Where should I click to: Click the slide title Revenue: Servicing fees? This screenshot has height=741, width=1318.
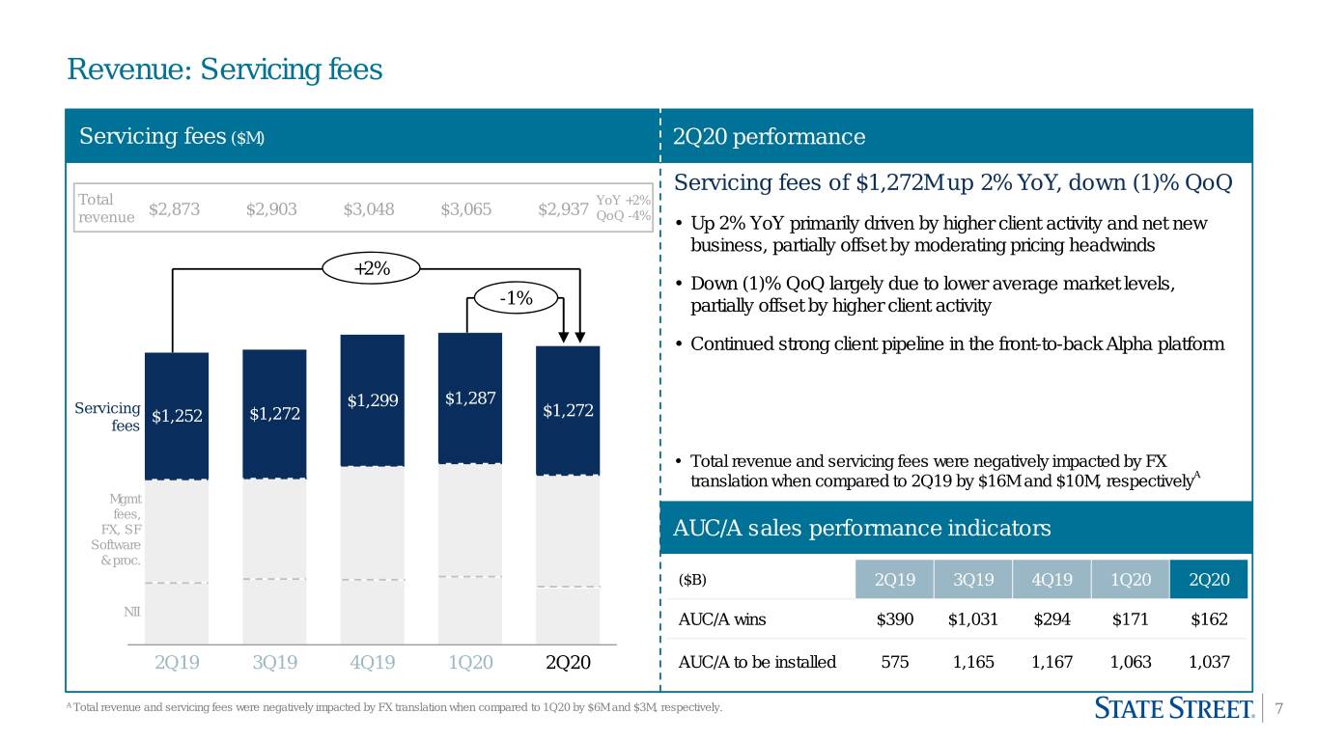point(225,69)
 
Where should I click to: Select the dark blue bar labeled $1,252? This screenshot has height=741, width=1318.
point(177,417)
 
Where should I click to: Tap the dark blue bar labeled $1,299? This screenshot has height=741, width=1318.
point(373,400)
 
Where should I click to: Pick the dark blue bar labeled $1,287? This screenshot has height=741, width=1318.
point(470,398)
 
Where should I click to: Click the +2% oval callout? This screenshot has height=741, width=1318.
point(372,269)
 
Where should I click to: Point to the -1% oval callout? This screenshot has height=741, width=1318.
point(516,298)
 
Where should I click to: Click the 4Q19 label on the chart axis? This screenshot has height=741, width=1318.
point(373,662)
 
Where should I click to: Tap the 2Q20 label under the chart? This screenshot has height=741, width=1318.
point(568,662)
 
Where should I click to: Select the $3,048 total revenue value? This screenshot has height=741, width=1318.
point(369,209)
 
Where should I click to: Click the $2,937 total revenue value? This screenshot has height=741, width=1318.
point(563,209)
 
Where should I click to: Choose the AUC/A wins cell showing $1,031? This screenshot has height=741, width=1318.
point(973,619)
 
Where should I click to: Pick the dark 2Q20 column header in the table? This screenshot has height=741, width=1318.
point(1209,579)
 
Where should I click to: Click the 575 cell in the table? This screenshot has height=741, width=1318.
point(895,662)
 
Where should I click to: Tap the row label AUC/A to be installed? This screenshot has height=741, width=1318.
point(757,662)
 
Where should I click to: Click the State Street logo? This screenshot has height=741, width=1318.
point(1174,708)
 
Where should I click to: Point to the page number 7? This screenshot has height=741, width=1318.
point(1278,708)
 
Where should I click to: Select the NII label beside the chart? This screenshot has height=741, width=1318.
point(132,612)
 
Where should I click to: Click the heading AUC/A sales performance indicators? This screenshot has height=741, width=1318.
point(862,528)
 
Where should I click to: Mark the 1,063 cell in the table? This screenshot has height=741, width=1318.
point(1131,662)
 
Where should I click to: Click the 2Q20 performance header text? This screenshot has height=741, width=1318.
point(769,136)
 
